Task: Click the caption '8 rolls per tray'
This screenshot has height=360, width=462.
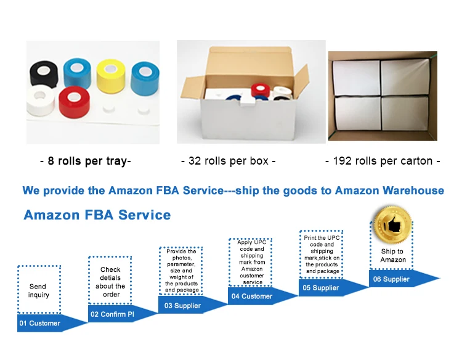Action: pos(85,162)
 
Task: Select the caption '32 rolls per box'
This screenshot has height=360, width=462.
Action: pos(228,162)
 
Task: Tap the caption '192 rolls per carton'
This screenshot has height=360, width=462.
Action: pos(383,162)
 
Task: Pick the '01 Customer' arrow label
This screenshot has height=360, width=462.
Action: pos(40,323)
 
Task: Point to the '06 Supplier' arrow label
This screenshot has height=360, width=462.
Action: pos(391,279)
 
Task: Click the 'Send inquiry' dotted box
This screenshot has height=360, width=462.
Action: pos(38,290)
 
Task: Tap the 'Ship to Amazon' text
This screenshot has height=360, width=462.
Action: pos(392,255)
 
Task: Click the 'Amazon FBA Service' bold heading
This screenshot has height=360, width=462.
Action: pos(97,215)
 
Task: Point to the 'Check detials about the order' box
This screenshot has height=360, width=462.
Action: pos(110,282)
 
